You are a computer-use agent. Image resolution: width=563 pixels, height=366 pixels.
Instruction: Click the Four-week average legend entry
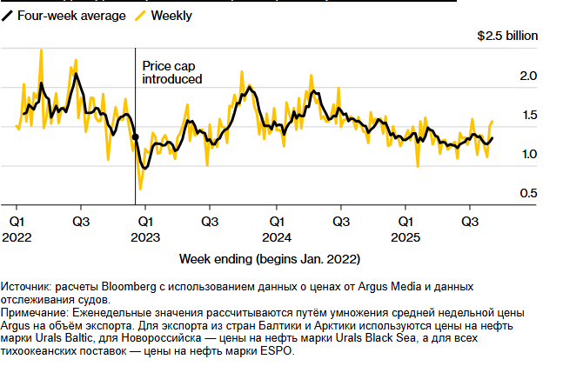[x=64, y=16]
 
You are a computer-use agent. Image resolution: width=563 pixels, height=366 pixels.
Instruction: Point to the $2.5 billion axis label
[x=507, y=37]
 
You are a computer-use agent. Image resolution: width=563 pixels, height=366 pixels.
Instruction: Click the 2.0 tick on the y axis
[x=528, y=77]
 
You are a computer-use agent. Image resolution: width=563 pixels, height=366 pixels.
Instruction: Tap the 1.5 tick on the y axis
[x=528, y=116]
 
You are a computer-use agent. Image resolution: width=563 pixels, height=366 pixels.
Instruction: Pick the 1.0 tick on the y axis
[x=528, y=154]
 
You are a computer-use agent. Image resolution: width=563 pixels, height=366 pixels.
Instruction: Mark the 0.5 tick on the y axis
[x=528, y=192]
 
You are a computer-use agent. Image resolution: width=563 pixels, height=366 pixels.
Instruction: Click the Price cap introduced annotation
[x=171, y=72]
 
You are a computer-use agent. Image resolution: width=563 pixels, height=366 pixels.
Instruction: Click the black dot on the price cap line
[x=136, y=137]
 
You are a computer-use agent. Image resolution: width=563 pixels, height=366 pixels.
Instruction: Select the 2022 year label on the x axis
[x=21, y=236]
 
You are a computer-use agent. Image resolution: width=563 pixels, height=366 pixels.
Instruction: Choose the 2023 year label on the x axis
[x=149, y=236]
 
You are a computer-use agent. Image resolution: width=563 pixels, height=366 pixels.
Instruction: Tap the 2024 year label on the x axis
[x=277, y=236]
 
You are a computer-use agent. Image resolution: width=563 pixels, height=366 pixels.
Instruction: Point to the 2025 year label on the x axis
[x=405, y=236]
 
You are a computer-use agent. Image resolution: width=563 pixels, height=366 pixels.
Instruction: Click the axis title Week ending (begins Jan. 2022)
[x=269, y=259]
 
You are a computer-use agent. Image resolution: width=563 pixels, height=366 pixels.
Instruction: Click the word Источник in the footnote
[x=28, y=286]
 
